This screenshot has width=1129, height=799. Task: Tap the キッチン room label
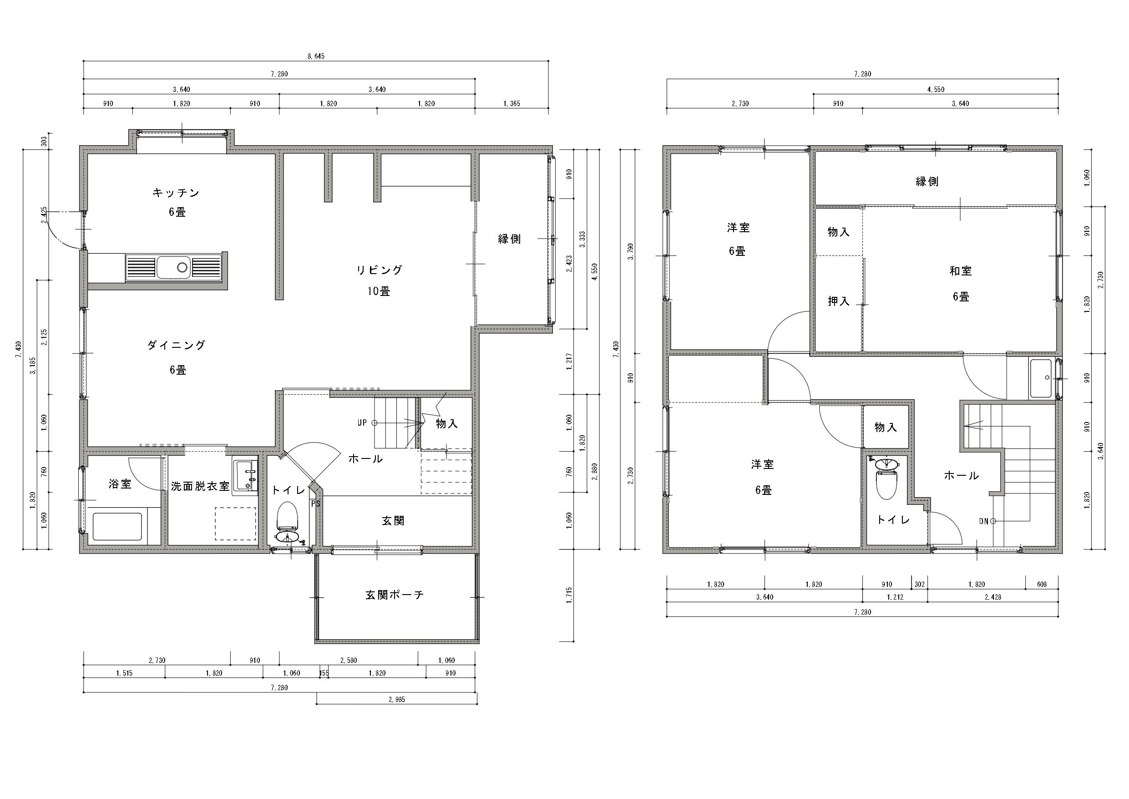pos(176,193)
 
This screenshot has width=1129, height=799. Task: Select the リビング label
pos(379,270)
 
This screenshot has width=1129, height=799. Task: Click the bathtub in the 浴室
pos(117,527)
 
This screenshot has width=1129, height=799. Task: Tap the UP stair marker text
pos(362,422)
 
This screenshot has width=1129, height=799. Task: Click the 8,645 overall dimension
pos(316,56)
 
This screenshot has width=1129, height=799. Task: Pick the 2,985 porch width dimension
pos(397,699)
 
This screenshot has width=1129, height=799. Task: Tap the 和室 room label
pos(960,270)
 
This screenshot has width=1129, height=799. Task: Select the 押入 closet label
pos(838,301)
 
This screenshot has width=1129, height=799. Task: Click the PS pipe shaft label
pos(315,504)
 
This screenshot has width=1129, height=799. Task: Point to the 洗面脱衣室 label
pos(200,486)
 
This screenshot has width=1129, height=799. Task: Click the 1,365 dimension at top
pos(511,104)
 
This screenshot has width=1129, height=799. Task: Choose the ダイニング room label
pos(176,346)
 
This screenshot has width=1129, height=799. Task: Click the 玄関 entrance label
pos(393,520)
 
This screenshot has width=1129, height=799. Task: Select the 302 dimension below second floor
pos(920,585)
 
